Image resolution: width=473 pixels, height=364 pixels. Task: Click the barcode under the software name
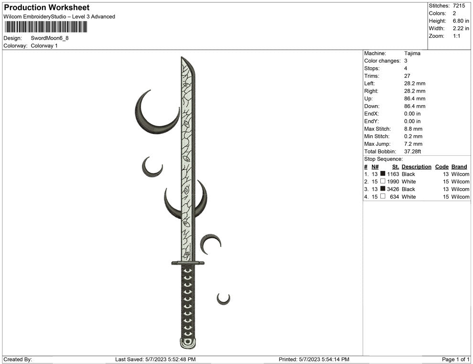[x=46, y=27]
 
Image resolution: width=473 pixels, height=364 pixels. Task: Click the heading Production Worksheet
[x=47, y=8]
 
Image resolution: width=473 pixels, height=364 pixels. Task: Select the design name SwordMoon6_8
[x=50, y=38]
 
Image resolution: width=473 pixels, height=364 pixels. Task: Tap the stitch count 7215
[x=459, y=6]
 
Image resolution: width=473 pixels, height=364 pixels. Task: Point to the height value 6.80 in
[x=461, y=21]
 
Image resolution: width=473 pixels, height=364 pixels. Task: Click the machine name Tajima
[x=412, y=54]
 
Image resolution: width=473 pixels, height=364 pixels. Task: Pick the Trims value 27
[x=407, y=76]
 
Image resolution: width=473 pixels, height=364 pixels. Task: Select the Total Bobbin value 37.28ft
[x=412, y=151]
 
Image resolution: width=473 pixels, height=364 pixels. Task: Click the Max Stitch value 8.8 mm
[x=413, y=129]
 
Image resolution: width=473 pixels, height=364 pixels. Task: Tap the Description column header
[x=416, y=167]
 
